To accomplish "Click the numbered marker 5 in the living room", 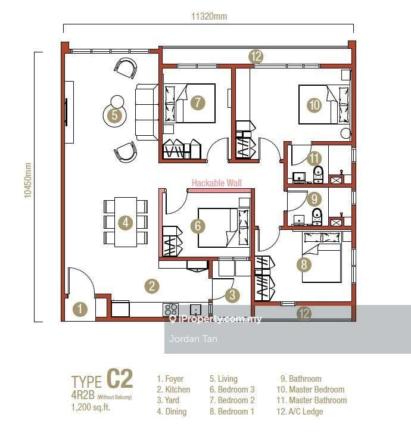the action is (115, 115).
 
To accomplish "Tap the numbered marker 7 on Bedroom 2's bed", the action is (198, 102).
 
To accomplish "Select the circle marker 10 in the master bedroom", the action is (315, 105).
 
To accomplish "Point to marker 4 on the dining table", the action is (126, 223).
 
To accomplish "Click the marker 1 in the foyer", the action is (80, 309).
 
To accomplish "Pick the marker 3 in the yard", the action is (232, 295).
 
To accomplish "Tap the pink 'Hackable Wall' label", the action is (217, 183).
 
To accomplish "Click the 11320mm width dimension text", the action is (209, 16).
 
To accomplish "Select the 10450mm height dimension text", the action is (27, 180).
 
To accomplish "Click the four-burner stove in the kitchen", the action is (171, 309).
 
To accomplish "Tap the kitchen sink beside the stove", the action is (196, 310).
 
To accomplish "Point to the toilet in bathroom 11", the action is (319, 175).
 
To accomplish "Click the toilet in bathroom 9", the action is (317, 217).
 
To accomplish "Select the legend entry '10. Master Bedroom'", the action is (310, 390).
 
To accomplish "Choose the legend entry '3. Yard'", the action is (168, 400).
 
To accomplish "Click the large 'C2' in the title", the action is (120, 378).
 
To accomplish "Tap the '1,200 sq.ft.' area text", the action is (91, 407).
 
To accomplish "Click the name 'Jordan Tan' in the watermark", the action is (193, 339).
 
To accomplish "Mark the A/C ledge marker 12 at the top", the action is (256, 57).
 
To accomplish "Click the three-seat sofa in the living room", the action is (147, 113).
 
